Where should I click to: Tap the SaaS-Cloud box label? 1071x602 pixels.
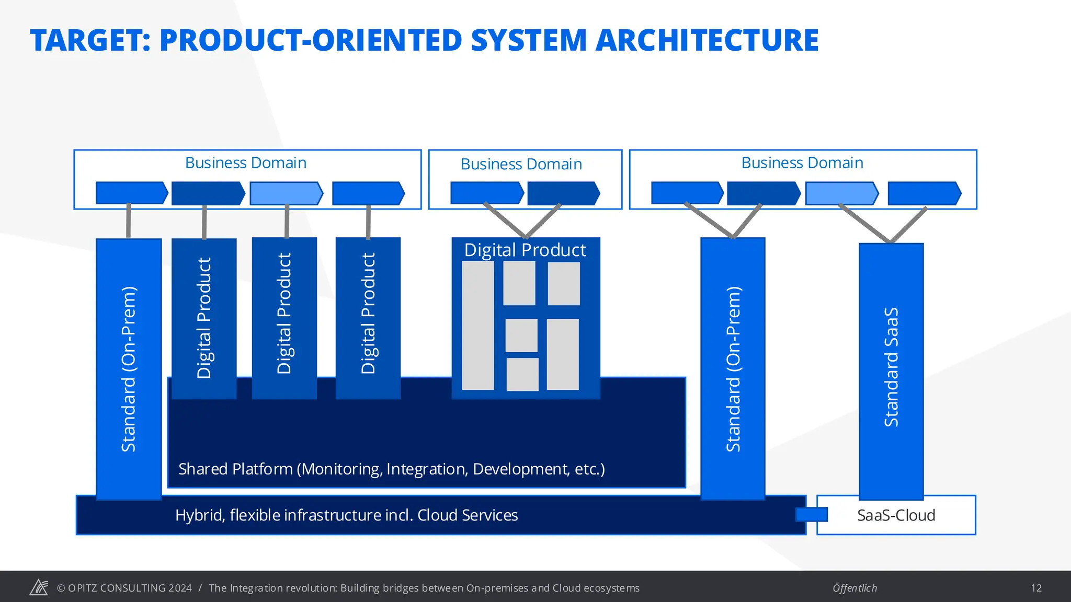[x=896, y=515]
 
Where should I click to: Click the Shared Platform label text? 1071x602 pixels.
[x=391, y=469]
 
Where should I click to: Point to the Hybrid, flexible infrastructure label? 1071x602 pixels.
[x=346, y=515]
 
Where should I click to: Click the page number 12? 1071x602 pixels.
[x=1036, y=588]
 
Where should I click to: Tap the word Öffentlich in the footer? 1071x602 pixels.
[x=854, y=588]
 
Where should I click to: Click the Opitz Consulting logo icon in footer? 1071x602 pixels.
[x=39, y=587]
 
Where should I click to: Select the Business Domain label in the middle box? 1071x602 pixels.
[x=521, y=164]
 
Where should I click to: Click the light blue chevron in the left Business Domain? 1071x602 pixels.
[x=286, y=193]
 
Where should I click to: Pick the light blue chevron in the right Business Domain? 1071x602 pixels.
[x=841, y=193]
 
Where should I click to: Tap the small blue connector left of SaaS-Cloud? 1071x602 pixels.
[x=811, y=515]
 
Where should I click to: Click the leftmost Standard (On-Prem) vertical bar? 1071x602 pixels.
[x=129, y=368]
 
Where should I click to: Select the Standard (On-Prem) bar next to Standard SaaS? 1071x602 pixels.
[x=733, y=368]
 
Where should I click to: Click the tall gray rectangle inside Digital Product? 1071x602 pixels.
[x=478, y=326]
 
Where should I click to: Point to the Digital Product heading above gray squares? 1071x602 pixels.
[x=525, y=250]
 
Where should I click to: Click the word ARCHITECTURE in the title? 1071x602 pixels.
[x=707, y=41]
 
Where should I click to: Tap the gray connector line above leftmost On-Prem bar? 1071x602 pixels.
[x=128, y=221]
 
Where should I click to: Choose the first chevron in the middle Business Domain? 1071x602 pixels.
[x=486, y=193]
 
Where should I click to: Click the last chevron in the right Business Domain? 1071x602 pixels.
[x=924, y=193]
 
